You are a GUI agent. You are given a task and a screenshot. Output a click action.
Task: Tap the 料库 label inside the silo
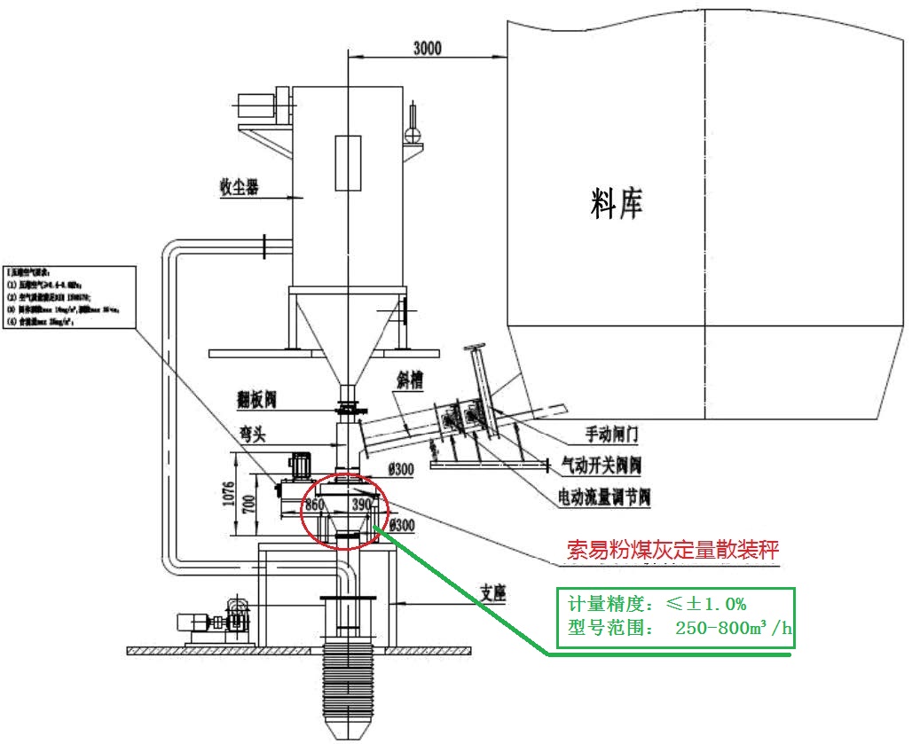tap(616, 203)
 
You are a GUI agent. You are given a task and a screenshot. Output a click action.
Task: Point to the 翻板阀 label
tap(257, 401)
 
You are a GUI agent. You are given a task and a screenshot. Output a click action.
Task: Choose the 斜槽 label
tap(410, 380)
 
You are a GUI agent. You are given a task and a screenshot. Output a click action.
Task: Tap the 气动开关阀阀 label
tap(602, 464)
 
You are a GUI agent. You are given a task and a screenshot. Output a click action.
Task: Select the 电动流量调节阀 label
tap(603, 497)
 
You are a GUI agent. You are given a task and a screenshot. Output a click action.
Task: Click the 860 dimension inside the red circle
tap(315, 505)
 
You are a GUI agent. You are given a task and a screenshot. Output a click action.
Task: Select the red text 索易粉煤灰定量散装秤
tap(673, 550)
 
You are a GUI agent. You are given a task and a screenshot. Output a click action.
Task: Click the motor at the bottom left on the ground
tap(200, 621)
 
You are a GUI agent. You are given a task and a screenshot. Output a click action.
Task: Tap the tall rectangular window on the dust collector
tap(348, 163)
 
